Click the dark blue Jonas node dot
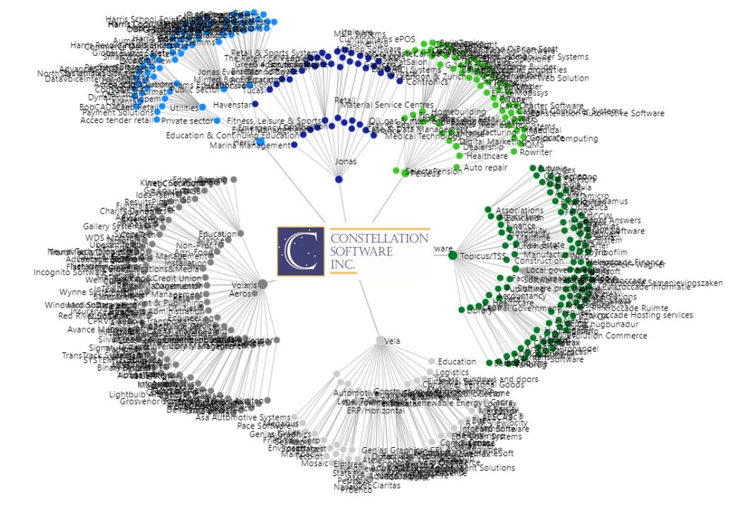click(x=339, y=180)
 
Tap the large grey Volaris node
click(x=262, y=284)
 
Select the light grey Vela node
click(x=380, y=340)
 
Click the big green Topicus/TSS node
click(x=453, y=255)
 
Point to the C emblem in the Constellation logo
click(x=301, y=251)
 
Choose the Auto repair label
click(x=486, y=168)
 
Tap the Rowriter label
click(x=535, y=152)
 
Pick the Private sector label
click(x=188, y=121)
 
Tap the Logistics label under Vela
click(x=452, y=372)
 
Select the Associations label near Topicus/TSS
click(x=520, y=210)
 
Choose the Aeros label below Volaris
click(x=242, y=294)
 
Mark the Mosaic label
click(x=314, y=464)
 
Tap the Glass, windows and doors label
click(x=489, y=379)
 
